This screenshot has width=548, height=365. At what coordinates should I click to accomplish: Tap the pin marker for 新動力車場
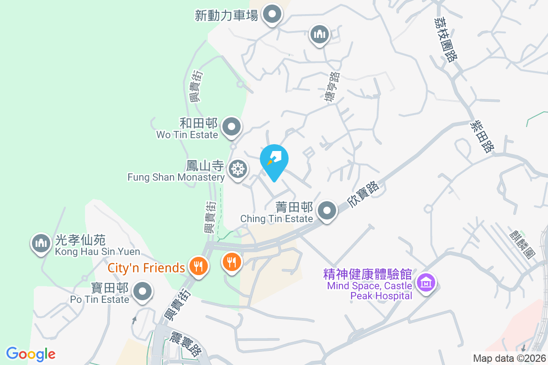pos(273,15)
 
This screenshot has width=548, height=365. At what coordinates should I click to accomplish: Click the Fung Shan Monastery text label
pos(176,177)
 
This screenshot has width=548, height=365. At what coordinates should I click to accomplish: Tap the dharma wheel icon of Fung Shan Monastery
pos(237,169)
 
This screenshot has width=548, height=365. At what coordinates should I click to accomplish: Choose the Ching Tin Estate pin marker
pos(327,211)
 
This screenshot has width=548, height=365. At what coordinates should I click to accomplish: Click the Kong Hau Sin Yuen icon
pos(41,243)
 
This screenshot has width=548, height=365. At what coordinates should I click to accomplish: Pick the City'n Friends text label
pos(146,267)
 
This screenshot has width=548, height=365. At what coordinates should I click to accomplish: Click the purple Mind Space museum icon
pos(426,282)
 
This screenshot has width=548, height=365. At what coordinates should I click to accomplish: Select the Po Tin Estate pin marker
pos(143,291)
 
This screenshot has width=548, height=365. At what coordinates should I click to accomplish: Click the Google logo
pos(31,354)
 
